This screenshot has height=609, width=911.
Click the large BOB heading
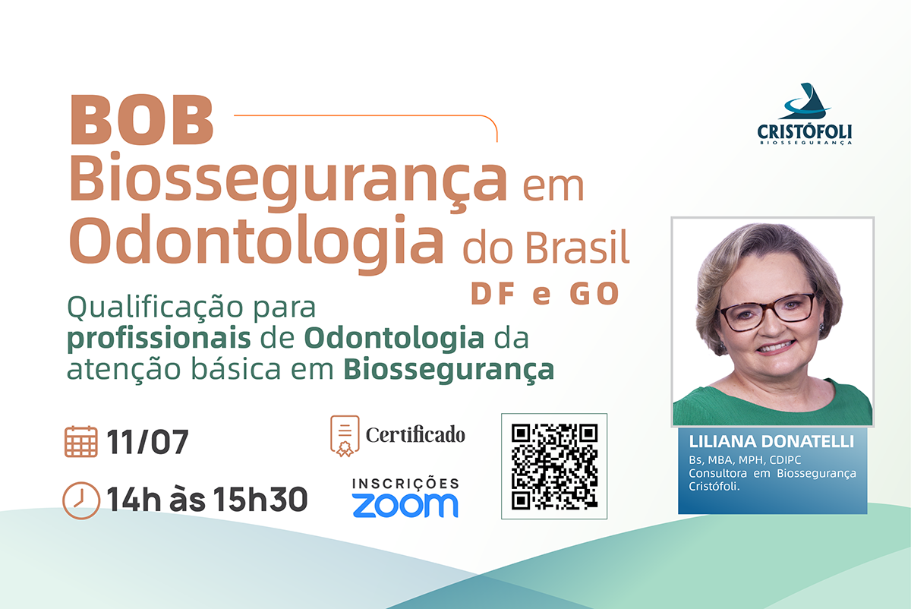coord(142,120)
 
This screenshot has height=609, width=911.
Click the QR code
coord(554,466)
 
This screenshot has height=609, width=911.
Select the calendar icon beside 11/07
coord(81,441)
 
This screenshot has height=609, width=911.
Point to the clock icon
coord(81,500)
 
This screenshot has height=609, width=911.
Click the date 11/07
coord(147,442)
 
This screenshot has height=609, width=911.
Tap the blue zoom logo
coord(405,505)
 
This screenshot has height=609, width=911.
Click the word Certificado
coord(415,435)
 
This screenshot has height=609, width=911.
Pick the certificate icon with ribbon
coord(345,436)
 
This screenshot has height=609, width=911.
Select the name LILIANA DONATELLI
coord(771,441)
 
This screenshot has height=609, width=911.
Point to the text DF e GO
coord(544,293)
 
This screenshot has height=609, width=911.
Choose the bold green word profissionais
coord(159,339)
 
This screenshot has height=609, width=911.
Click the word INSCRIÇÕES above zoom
coord(405,483)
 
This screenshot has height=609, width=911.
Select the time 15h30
coord(260,499)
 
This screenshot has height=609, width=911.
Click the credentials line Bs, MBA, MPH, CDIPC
coord(745,460)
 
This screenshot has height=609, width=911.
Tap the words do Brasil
coord(546,248)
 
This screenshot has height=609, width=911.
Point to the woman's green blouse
coord(773,405)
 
